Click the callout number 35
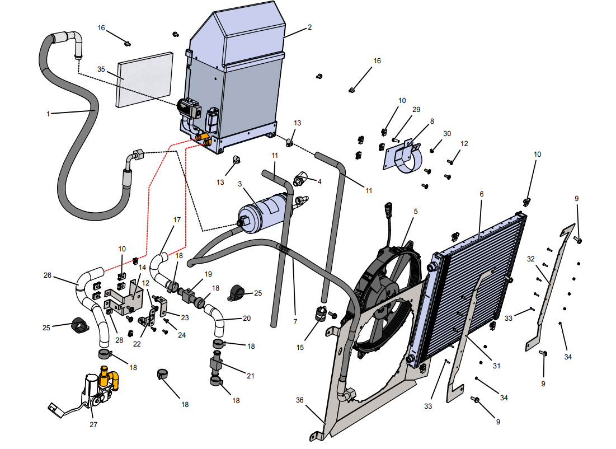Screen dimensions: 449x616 101,69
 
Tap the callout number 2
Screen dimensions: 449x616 309,27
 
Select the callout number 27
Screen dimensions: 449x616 93,424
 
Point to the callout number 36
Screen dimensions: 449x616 300,400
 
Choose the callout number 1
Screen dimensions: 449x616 48,114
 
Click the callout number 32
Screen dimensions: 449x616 531,259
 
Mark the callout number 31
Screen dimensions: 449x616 496,366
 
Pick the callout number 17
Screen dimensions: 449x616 177,219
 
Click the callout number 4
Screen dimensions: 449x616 319,181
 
